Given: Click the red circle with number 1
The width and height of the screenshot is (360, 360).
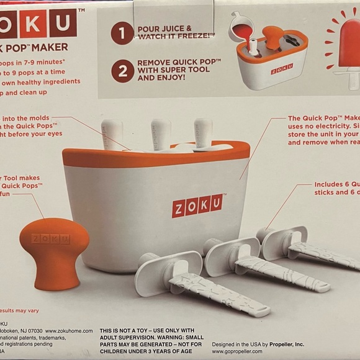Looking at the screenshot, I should coord(122,32).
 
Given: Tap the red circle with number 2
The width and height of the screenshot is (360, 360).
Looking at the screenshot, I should coord(122,71).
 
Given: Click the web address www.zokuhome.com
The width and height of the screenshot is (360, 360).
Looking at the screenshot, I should coord(68,331).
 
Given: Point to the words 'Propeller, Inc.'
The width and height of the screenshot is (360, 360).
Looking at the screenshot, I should coord(282,343).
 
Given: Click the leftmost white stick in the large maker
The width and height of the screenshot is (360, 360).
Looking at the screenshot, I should coord(112,133).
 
